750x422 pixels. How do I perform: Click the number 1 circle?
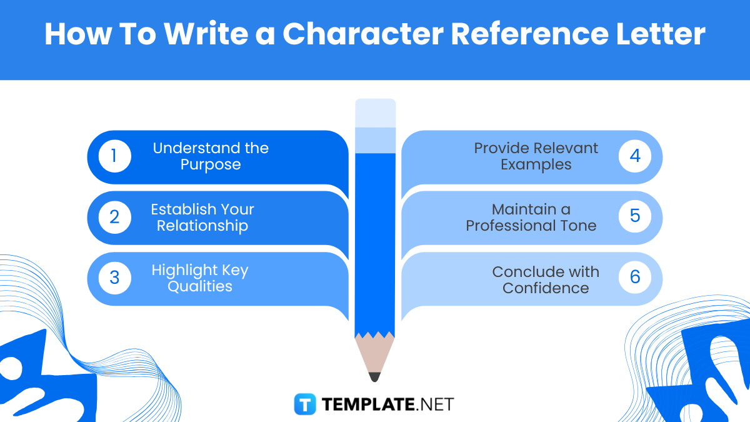tap(114, 156)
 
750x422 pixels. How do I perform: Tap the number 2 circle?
tap(114, 217)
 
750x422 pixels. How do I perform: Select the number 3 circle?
tap(114, 278)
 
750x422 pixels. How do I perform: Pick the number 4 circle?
tap(635, 156)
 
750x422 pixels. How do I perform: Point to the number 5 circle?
tap(635, 217)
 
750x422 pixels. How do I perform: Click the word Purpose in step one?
tap(211, 165)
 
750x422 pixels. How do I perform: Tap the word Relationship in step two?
tap(202, 226)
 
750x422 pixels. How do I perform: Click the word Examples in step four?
tap(536, 165)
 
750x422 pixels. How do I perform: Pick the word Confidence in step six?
tap(546, 288)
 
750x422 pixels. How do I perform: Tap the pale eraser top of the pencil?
tap(375, 113)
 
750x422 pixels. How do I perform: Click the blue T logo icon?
tap(306, 404)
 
